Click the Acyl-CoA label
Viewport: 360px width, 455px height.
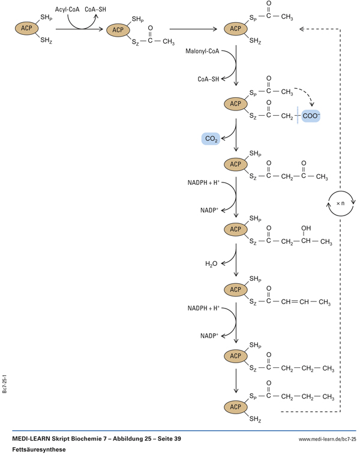pos(67,10)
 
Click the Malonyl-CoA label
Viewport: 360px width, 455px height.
pos(205,51)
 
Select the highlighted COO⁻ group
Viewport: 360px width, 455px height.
pos(311,115)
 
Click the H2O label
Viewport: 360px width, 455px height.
pos(211,264)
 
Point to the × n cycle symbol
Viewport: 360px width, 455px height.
pos(341,203)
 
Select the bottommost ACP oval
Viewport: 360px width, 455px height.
pos(235,407)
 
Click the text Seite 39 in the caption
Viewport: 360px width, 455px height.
pos(167,439)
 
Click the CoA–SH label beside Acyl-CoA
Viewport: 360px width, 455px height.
pos(95,10)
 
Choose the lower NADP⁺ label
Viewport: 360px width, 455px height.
pos(209,335)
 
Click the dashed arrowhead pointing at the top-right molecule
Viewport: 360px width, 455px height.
pos(302,28)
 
